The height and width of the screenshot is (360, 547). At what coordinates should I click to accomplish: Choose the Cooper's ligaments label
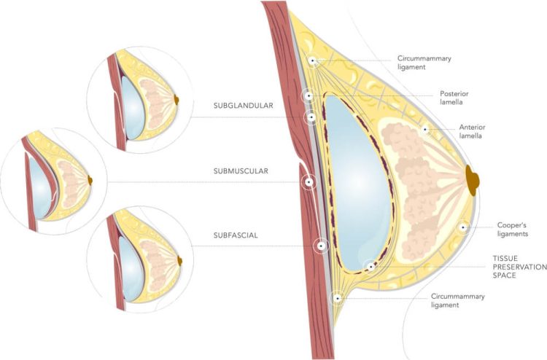[x=512, y=230]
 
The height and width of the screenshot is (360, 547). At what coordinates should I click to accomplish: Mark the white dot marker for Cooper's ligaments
[x=462, y=228]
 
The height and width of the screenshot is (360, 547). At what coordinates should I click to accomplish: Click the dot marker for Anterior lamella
[x=424, y=130]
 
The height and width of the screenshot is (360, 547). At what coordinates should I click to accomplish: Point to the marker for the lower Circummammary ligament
[x=337, y=297]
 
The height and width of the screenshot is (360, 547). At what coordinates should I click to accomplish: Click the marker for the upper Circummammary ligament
[x=312, y=61]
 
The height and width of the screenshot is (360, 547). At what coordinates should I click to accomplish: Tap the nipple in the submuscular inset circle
[x=90, y=179]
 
